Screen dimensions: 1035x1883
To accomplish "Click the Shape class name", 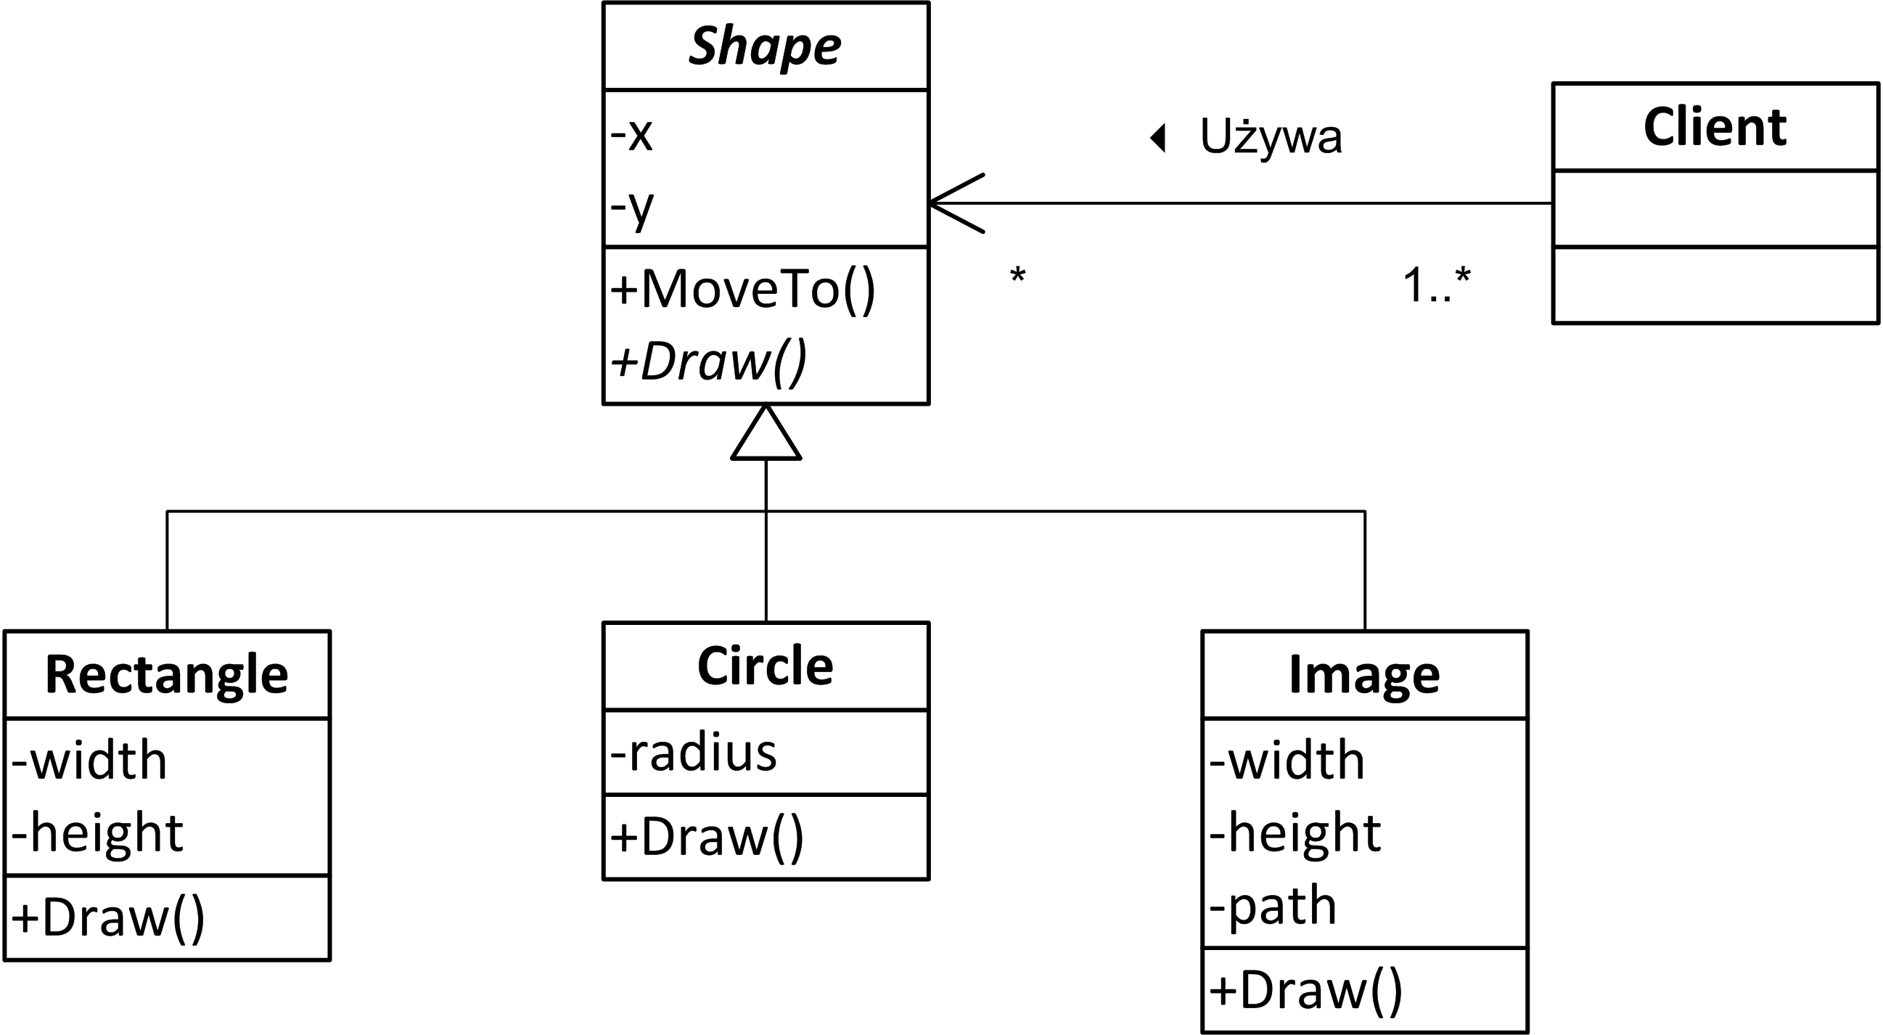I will point(765,46).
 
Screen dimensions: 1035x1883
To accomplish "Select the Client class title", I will point(1714,127).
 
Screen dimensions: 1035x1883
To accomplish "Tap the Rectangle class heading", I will point(167,674).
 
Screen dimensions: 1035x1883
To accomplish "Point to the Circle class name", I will point(766,666).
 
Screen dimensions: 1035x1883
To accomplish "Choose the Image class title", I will point(1364,674).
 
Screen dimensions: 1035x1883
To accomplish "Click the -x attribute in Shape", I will point(631,134).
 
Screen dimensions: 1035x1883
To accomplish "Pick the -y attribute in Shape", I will point(631,208).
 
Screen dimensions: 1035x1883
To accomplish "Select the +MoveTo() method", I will point(742,290).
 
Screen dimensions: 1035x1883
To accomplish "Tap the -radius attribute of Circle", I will point(693,753).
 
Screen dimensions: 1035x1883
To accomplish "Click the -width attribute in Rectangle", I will point(89,760).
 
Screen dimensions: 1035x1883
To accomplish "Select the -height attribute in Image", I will point(1295,833).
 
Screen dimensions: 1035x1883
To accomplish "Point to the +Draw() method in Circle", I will point(707,836).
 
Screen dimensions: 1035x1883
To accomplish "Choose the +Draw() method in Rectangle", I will point(108,918).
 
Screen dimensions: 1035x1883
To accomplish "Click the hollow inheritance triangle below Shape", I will point(766,438).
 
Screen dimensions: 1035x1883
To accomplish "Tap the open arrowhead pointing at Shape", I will point(951,203).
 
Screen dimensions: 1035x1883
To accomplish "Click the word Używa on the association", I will point(1271,136).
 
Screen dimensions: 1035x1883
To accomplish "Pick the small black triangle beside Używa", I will point(1159,137).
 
